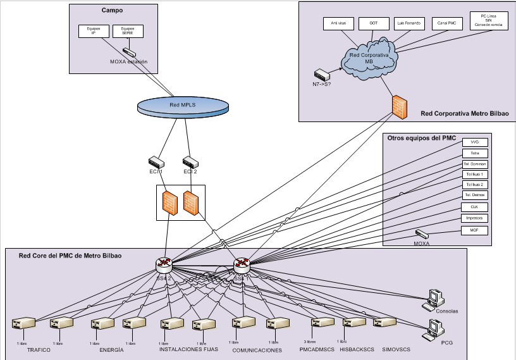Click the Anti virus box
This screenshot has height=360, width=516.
coord(338,23)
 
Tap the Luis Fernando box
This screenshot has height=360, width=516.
coord(408,23)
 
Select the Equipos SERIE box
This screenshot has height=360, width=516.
coord(128,31)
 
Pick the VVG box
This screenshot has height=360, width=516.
coord(474,142)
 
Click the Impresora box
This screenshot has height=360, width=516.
coord(474,218)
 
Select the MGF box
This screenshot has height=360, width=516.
coord(474,230)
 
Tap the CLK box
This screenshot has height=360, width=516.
coord(474,206)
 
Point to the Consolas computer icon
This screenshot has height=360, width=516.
coord(433,298)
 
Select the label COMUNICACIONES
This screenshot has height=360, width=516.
coord(257,350)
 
